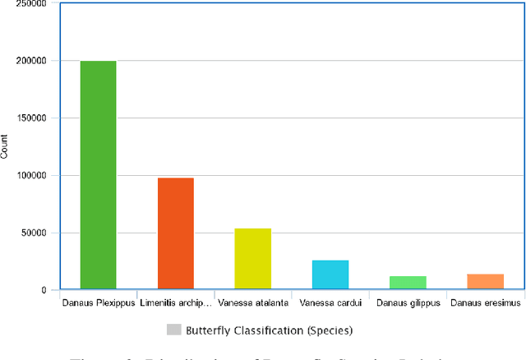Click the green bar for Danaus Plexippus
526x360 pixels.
pyautogui.click(x=98, y=175)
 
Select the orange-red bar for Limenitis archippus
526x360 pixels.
pyautogui.click(x=175, y=233)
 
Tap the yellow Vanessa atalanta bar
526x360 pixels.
pyautogui.click(x=252, y=259)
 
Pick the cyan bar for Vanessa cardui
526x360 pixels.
pyautogui.click(x=330, y=275)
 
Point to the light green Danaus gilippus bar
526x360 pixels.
pyautogui.click(x=408, y=283)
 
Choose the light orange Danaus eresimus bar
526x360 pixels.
pyautogui.click(x=485, y=281)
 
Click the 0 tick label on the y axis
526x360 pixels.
pyautogui.click(x=42, y=290)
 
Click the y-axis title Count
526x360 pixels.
pyautogui.click(x=5, y=146)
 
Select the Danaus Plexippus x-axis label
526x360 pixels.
pyautogui.click(x=98, y=302)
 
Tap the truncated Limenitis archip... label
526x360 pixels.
pyautogui.click(x=175, y=302)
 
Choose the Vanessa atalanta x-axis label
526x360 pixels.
pyautogui.click(x=252, y=302)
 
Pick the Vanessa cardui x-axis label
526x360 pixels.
pyautogui.click(x=330, y=302)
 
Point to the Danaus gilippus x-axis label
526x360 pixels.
pyautogui.click(x=408, y=302)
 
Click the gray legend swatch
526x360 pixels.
pyautogui.click(x=173, y=330)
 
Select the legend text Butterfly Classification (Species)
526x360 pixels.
pyautogui.click(x=268, y=330)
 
